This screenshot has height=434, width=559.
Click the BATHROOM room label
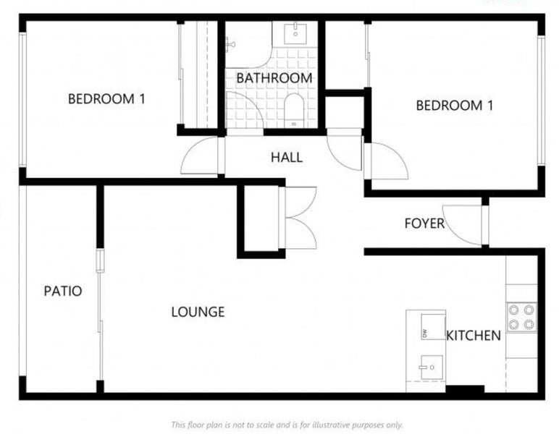point(274,77)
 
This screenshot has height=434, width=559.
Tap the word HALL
point(287,158)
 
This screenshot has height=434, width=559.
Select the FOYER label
point(424,224)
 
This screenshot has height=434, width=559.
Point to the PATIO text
point(62,292)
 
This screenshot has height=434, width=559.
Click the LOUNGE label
point(198,312)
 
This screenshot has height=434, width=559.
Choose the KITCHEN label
point(473,336)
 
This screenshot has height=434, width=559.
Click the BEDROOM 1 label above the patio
point(106,99)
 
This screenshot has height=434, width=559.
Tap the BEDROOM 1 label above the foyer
point(454,106)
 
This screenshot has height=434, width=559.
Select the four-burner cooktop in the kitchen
point(521,317)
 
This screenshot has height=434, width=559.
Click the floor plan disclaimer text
point(286,425)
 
